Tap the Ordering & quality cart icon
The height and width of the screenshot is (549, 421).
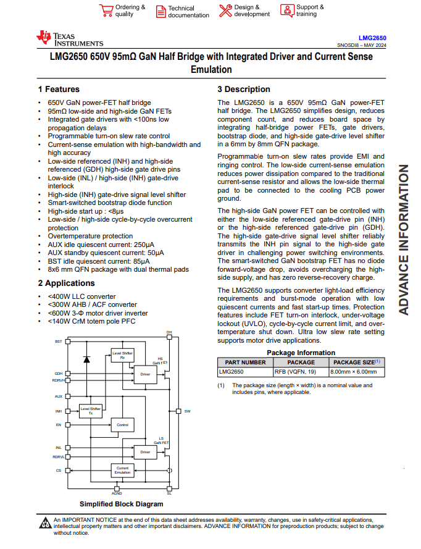106,10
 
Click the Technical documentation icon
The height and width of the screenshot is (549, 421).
160,11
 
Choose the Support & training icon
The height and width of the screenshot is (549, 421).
287,10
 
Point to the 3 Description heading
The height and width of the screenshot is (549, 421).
244,90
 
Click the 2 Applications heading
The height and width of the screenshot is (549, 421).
66,283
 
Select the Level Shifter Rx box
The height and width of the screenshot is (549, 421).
122,355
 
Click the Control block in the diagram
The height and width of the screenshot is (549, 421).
122,425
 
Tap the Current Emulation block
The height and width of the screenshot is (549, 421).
122,471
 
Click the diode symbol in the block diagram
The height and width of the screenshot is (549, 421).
87,359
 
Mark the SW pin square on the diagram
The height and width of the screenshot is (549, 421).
178,411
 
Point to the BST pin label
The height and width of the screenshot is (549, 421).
59,341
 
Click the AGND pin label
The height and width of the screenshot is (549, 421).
117,493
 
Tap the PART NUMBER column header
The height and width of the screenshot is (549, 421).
245,363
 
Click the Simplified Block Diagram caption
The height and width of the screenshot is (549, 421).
122,505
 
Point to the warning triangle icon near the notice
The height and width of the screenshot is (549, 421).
45,524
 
